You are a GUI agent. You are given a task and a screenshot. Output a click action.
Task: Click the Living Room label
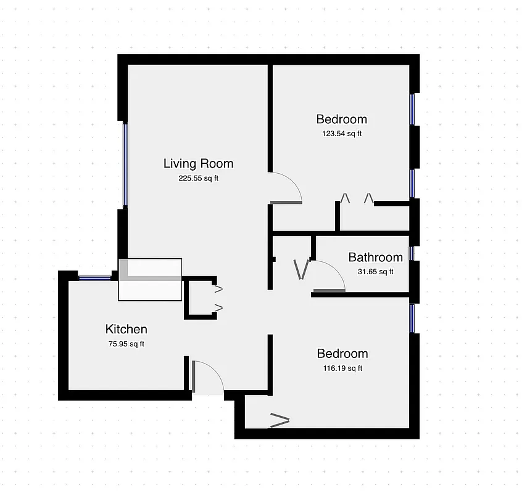tap(198, 163)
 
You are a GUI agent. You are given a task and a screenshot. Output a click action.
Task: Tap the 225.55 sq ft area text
tap(198, 179)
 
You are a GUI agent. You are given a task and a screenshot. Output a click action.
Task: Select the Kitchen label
tap(126, 329)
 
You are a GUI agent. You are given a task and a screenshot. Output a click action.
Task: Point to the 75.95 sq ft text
tap(126, 344)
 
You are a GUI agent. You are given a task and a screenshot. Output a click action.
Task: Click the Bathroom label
tap(375, 257)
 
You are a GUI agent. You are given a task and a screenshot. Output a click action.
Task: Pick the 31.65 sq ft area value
tap(375, 272)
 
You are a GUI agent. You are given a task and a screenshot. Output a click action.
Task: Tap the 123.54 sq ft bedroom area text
tap(341, 134)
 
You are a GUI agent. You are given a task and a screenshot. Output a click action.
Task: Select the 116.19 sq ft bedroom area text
tap(342, 369)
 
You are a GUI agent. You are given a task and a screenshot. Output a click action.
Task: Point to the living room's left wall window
tap(125, 165)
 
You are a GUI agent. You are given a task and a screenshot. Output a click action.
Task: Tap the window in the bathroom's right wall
tap(412, 253)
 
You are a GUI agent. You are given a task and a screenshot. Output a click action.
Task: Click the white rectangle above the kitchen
tap(151, 279)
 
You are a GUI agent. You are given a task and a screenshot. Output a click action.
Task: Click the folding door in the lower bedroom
tap(280, 421)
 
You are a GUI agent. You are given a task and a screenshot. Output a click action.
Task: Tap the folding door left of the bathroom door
tap(301, 269)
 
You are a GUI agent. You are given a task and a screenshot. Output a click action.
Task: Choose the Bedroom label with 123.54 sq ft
tap(341, 119)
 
